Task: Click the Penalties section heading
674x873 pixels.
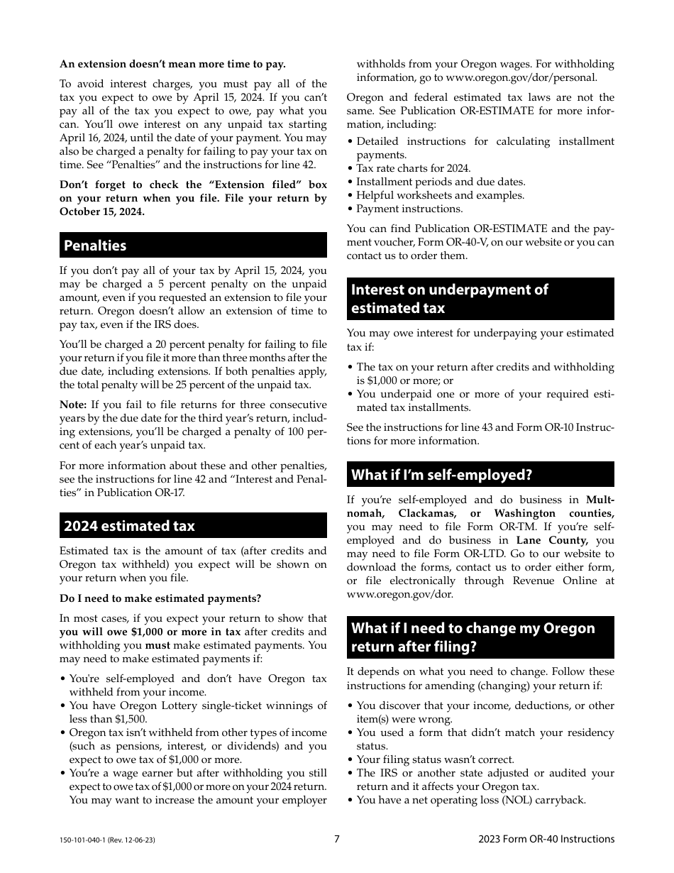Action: (x=95, y=246)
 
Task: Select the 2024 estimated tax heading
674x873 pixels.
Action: (x=129, y=526)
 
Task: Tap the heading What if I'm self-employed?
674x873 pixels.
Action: (x=441, y=475)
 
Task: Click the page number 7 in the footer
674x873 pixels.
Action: (x=337, y=839)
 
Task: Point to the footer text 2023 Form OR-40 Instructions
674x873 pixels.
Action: (x=546, y=839)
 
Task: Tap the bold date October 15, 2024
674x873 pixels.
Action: (x=102, y=212)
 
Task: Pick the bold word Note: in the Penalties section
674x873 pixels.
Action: (x=73, y=405)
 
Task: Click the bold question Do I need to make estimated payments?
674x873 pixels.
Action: (x=160, y=598)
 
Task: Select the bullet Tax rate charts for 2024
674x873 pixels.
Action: (x=413, y=168)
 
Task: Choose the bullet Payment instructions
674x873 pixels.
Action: (x=409, y=209)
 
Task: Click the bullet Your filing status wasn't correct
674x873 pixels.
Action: (x=435, y=759)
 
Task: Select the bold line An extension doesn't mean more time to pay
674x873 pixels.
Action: (x=172, y=64)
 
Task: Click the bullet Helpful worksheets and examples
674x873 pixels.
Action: (x=440, y=195)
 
